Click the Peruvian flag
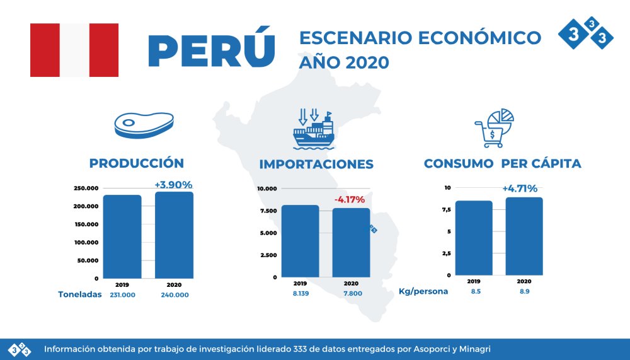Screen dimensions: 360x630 pos(74,50)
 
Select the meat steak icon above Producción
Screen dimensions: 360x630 pos(144,125)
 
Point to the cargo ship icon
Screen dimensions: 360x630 pos(313,130)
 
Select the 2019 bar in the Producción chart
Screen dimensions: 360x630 pos(122,236)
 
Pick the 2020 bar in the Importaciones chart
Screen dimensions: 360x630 pos(351,242)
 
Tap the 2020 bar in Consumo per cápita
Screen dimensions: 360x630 pos(524,236)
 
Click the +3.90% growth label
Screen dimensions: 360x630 pos(173,185)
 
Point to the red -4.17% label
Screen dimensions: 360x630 pos(349,200)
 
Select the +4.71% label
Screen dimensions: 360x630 pos(520,188)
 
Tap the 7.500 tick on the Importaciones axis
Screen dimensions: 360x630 pos(267,211)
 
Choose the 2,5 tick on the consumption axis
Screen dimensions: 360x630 pos(446,253)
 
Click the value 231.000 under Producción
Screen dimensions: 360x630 pos(122,294)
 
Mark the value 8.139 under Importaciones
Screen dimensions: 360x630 pos(300,293)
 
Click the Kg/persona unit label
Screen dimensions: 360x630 pos(423,292)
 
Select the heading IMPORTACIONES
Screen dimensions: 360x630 pos(316,164)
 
